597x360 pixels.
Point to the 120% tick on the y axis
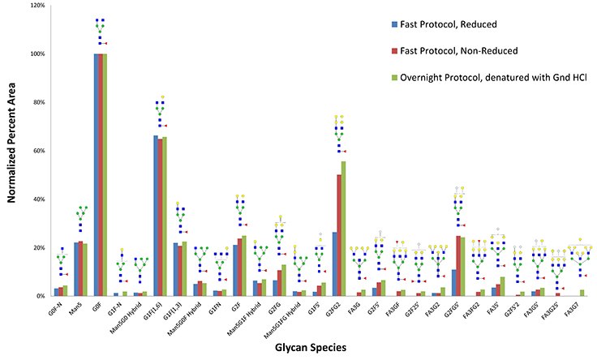click(x=36, y=6)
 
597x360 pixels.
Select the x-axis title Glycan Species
click(x=310, y=348)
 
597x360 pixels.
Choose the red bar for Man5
click(x=80, y=268)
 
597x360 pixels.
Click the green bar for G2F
click(x=244, y=266)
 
